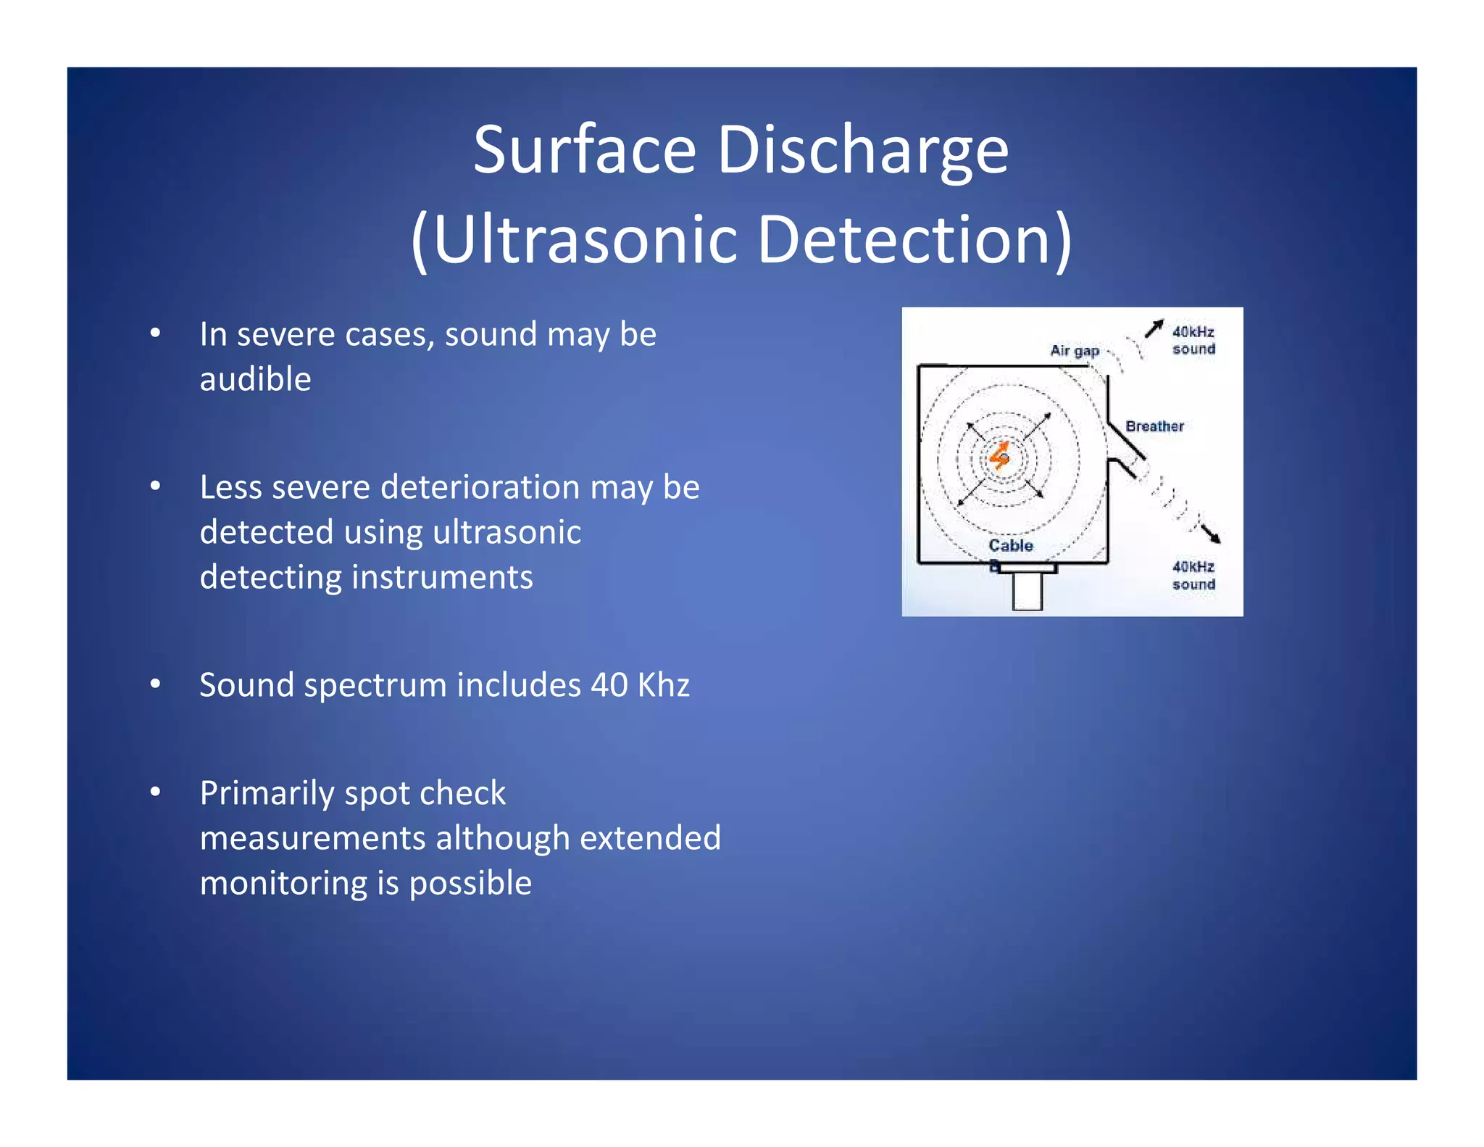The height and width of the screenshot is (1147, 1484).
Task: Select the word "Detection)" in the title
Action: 914,239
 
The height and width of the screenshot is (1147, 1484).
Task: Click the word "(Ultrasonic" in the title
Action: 573,239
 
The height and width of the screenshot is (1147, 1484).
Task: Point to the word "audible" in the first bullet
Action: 255,379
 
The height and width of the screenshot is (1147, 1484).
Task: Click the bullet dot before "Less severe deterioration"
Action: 155,486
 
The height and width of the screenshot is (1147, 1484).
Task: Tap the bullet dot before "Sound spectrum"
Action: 155,684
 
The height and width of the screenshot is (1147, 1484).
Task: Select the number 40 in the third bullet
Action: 609,685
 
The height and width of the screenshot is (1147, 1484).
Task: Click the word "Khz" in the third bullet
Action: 663,685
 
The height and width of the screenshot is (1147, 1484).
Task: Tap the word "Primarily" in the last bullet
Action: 265,793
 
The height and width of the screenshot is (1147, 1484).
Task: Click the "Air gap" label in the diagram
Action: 1075,351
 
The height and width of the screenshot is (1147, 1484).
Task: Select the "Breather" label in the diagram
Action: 1154,426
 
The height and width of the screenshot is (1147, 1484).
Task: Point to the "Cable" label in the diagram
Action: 1011,545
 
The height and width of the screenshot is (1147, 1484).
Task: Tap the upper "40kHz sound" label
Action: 1193,340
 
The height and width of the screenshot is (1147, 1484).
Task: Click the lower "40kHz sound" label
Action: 1193,575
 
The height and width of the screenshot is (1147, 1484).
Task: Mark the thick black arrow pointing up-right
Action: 1154,328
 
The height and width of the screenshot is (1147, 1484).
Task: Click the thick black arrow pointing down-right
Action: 1209,533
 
